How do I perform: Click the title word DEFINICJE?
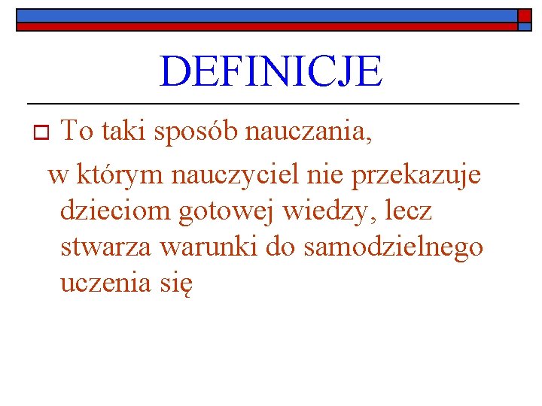click(x=271, y=71)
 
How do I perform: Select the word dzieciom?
click(x=115, y=211)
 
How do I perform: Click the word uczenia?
click(x=104, y=284)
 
